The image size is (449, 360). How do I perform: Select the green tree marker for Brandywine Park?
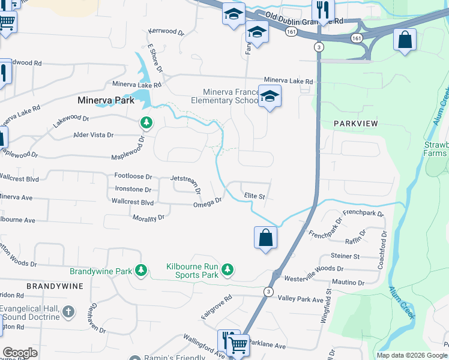(x=141, y=271)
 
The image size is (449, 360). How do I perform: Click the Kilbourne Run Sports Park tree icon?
(x=228, y=271)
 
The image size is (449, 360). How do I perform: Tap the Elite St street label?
(x=255, y=196)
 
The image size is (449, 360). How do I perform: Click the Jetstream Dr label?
(x=184, y=178)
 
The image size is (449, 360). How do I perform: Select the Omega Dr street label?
(x=208, y=204)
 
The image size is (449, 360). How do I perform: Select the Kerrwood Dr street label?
(x=166, y=31)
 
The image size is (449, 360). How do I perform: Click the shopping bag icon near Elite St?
(x=265, y=238)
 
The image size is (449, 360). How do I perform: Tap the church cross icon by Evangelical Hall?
(x=69, y=311)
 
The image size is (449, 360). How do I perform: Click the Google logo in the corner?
(x=20, y=353)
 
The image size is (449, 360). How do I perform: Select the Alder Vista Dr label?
(x=93, y=135)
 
